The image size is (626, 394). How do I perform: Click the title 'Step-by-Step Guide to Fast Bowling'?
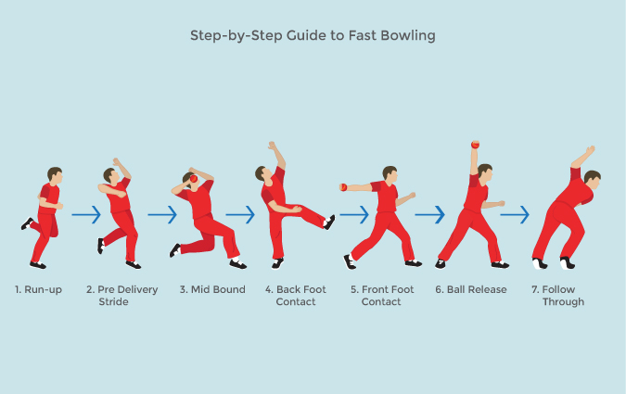point(313,37)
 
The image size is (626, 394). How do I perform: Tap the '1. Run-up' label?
point(39,289)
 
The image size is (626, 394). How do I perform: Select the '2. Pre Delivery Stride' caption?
point(121,295)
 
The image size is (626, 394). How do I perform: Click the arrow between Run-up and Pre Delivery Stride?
point(85,215)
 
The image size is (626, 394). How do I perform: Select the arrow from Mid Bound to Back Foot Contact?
point(239,215)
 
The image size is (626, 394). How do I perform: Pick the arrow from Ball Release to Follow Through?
point(515,215)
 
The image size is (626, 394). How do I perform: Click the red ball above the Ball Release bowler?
point(475,145)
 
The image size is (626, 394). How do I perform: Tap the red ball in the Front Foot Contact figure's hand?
point(343,187)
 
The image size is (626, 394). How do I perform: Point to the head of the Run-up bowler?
point(55,174)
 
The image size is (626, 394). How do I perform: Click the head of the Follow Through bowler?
point(591,177)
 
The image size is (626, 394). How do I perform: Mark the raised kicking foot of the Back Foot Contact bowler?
point(329,222)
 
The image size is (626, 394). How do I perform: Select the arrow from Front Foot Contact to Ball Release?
point(429,215)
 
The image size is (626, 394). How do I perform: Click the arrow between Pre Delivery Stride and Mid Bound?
point(161,215)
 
